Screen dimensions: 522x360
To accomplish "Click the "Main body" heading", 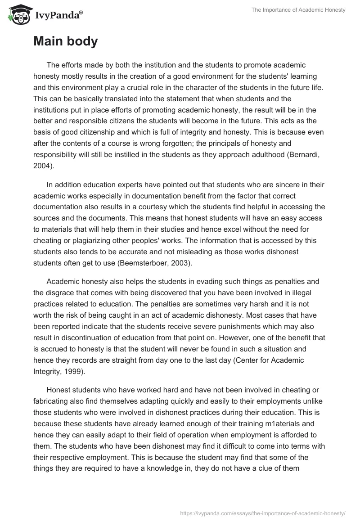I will coord(65,41).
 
